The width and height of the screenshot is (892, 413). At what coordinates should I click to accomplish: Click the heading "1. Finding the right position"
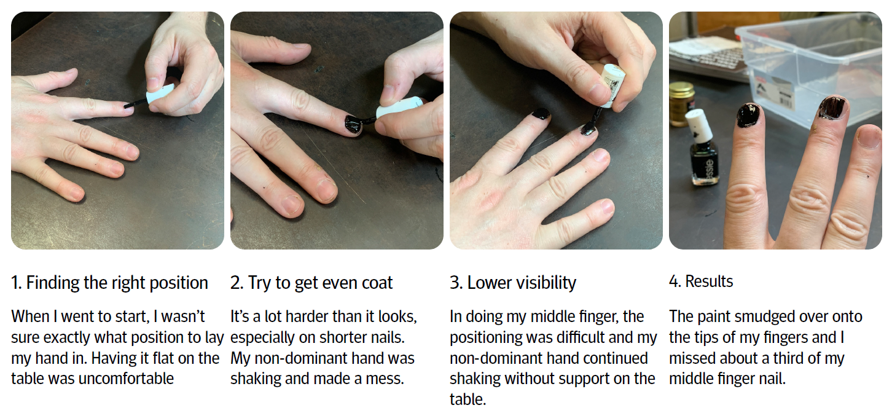109,283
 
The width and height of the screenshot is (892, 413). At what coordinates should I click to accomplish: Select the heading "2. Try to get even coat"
311,283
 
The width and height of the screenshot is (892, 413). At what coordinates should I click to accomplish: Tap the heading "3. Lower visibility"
513,283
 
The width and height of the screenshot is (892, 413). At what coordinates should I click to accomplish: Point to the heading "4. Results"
701,281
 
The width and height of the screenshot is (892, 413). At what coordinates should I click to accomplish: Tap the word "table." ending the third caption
468,399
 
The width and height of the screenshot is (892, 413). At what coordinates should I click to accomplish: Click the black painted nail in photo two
353,124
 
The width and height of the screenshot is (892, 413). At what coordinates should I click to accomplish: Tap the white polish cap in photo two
399,108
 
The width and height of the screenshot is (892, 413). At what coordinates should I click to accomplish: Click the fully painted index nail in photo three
541,114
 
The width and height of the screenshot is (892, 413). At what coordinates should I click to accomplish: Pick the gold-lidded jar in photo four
682,103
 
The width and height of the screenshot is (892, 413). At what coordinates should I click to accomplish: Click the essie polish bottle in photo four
703,148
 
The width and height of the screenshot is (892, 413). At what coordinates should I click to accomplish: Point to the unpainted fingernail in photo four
870,136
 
